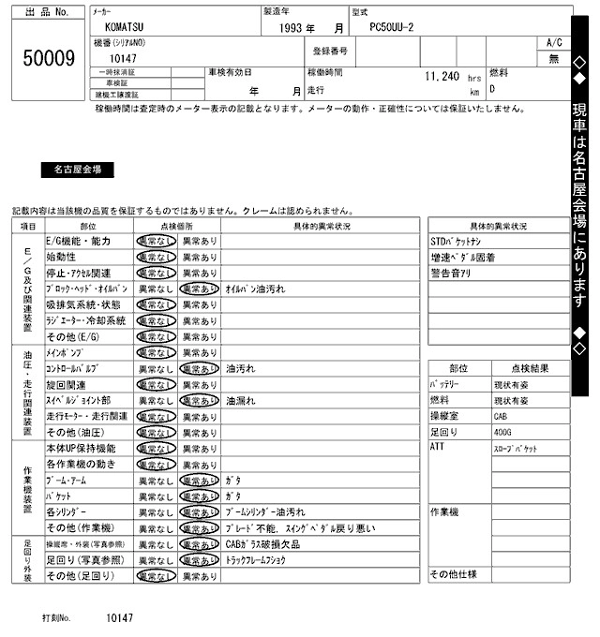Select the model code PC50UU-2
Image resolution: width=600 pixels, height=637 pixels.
tap(386, 27)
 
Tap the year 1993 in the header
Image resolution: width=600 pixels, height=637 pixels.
tap(298, 28)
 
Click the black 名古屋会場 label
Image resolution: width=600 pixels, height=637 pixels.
tap(77, 170)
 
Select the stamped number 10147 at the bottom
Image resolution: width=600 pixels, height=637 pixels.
tap(120, 618)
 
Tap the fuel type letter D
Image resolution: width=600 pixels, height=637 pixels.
tap(492, 89)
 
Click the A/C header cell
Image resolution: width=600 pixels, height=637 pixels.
tap(553, 43)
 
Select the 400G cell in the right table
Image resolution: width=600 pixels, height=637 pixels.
tap(504, 432)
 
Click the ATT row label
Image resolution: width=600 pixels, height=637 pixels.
tap(437, 447)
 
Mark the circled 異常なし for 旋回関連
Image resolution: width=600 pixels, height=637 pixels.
tap(155, 384)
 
